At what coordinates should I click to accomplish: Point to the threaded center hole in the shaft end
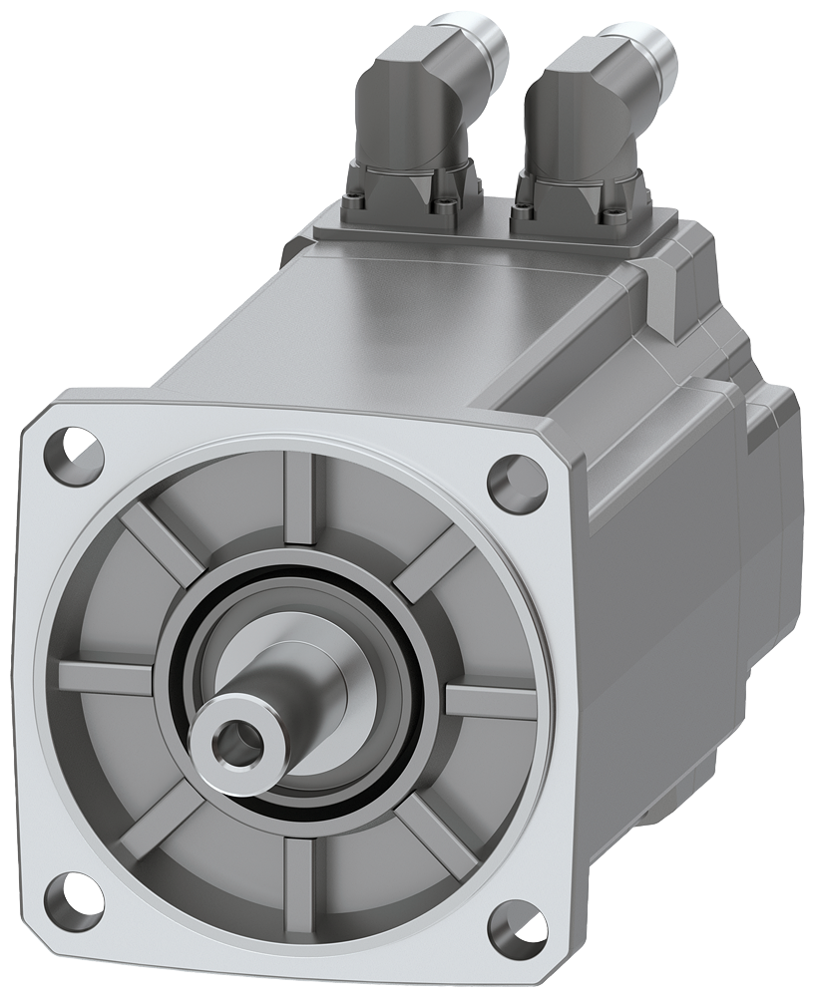231,739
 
